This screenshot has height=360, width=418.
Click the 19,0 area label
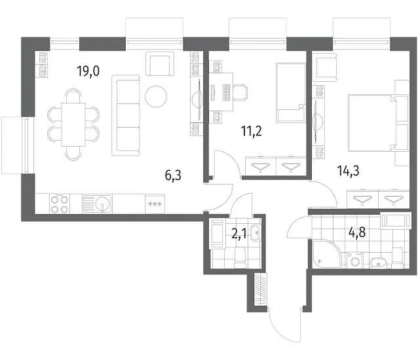pyautogui.click(x=88, y=71)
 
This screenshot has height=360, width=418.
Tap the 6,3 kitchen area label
pyautogui.click(x=173, y=175)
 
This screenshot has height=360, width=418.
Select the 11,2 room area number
pyautogui.click(x=251, y=131)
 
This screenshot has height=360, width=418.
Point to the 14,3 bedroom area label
pyautogui.click(x=348, y=171)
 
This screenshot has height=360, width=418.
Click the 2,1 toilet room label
pyautogui.click(x=239, y=234)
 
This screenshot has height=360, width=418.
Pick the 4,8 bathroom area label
pyautogui.click(x=357, y=232)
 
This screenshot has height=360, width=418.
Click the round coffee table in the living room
pyautogui.click(x=156, y=96)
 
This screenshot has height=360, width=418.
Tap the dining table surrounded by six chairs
pyautogui.click(x=73, y=124)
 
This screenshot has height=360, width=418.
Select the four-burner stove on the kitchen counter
pyautogui.click(x=60, y=204)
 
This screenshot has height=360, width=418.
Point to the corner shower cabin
pyautogui.click(x=326, y=254)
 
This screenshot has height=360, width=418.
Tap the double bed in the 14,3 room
pyautogui.click(x=378, y=123)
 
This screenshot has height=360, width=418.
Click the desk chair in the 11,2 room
pyautogui.click(x=240, y=93)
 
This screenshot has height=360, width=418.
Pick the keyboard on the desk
pyautogui.click(x=226, y=93)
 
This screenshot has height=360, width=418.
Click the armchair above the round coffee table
pyautogui.click(x=160, y=63)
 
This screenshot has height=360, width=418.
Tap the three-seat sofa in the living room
pyautogui.click(x=126, y=115)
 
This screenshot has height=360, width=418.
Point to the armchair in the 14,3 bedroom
pyautogui.click(x=324, y=67)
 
